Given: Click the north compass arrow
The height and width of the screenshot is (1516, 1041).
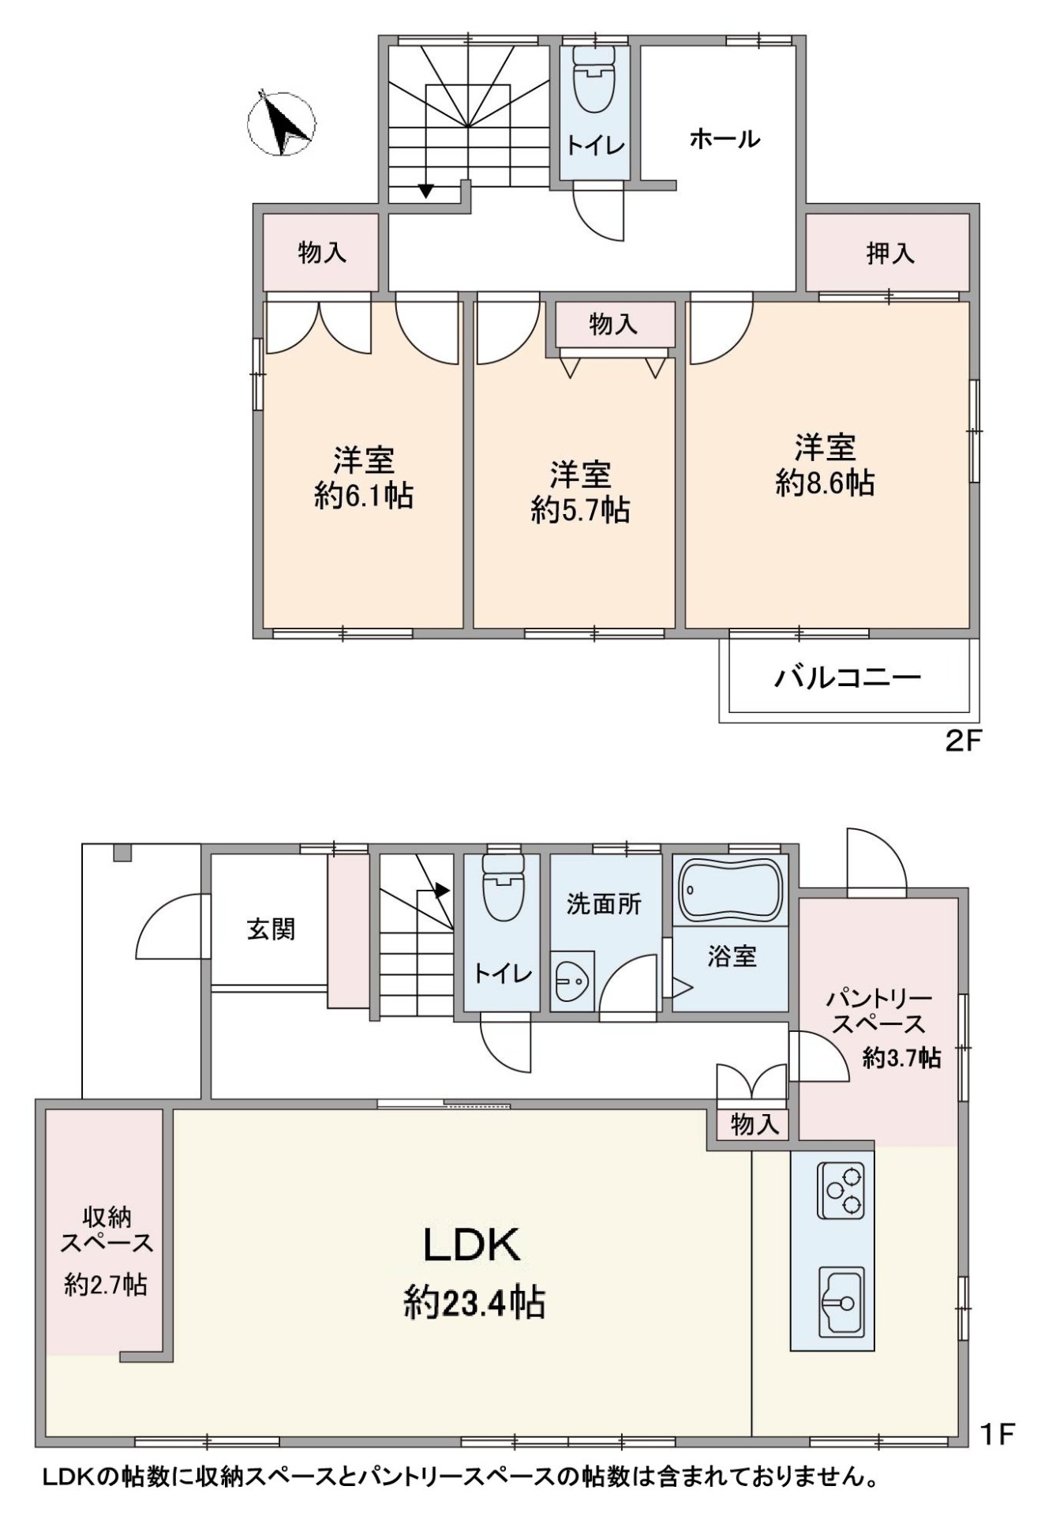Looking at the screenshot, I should click(281, 125).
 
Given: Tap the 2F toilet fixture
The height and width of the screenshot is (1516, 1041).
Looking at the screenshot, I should click(594, 81).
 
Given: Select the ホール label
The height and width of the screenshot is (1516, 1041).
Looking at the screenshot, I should click(725, 140).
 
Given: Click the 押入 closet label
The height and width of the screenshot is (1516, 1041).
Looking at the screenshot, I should click(889, 253).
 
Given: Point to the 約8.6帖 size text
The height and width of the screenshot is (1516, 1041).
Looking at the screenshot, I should click(825, 483).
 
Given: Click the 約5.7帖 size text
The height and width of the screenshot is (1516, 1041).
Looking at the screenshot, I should click(580, 511).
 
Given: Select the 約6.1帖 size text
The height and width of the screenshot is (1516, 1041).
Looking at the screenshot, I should click(363, 496).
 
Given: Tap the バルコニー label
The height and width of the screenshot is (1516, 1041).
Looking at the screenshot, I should click(847, 677).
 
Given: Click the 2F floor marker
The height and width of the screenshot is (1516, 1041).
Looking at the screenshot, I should click(962, 741).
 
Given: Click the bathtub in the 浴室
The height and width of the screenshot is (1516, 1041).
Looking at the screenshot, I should click(731, 891).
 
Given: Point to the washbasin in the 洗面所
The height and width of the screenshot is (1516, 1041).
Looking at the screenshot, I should click(572, 983).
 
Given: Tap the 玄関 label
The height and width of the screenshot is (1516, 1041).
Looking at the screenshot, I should click(271, 929).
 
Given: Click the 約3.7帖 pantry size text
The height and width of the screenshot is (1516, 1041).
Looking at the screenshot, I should click(901, 1058).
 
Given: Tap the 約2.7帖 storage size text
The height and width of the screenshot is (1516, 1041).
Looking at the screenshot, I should click(106, 1285).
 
